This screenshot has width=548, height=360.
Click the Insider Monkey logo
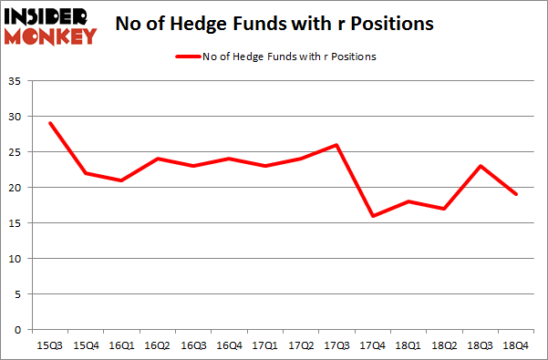pyautogui.click(x=52, y=26)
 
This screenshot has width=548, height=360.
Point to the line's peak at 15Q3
pyautogui.click(x=51, y=123)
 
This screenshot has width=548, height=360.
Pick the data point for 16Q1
pyautogui.click(x=121, y=180)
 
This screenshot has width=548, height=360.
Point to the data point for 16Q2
pyautogui.click(x=158, y=159)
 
